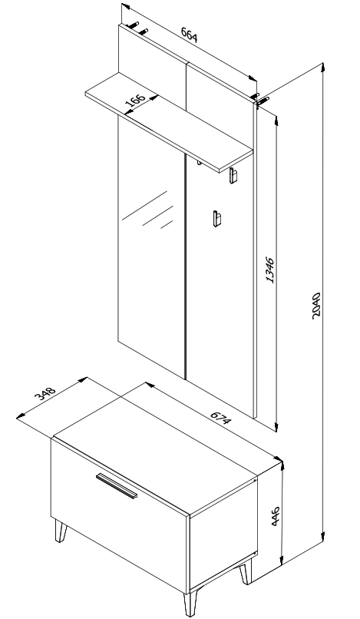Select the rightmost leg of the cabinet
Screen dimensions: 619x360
click(246, 571)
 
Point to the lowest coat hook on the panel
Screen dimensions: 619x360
click(217, 218)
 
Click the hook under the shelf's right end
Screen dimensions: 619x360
click(233, 177)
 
